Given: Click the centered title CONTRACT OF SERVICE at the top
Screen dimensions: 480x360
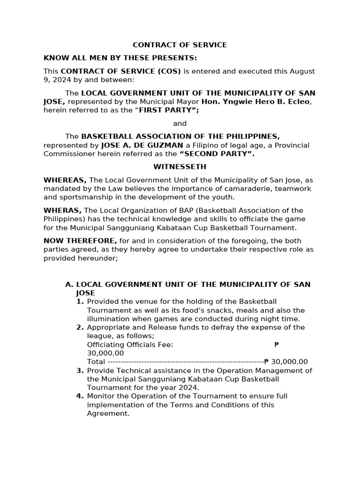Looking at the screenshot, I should click(x=180, y=45).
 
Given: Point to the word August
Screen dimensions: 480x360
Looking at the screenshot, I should click(x=302, y=71).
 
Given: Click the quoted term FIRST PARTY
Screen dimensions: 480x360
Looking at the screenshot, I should click(x=166, y=111).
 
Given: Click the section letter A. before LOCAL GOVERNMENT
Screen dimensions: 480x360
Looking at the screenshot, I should click(x=69, y=285).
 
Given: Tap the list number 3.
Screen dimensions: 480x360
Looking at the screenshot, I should click(x=80, y=370).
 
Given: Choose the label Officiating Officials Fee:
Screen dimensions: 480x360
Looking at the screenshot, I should click(x=130, y=345).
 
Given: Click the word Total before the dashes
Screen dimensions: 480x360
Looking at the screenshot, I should click(x=96, y=362).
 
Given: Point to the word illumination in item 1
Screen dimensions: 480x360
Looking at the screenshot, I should click(x=109, y=319).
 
